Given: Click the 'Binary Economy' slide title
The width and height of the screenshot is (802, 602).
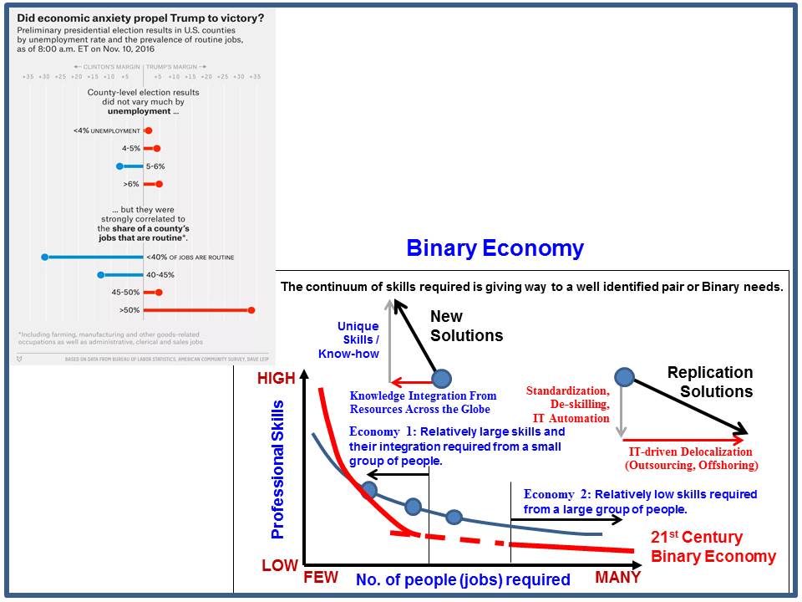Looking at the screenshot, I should pyautogui.click(x=495, y=248).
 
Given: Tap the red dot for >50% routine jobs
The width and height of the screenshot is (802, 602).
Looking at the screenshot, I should pyautogui.click(x=251, y=310).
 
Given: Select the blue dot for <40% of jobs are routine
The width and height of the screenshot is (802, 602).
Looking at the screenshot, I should pyautogui.click(x=45, y=257).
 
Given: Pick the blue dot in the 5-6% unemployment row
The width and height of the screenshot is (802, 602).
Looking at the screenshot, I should pyautogui.click(x=120, y=166).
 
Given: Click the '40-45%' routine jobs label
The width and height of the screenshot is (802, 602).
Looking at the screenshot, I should pyautogui.click(x=161, y=274).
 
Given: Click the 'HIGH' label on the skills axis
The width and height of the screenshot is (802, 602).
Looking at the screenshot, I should pyautogui.click(x=277, y=379).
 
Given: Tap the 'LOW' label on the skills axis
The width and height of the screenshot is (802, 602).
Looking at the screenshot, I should pyautogui.click(x=279, y=566).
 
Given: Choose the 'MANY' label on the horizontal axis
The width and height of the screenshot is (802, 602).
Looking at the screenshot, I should pyautogui.click(x=617, y=578).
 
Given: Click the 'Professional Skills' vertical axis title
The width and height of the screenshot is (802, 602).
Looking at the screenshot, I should pyautogui.click(x=278, y=469).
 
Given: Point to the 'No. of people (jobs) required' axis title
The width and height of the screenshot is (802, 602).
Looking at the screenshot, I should pyautogui.click(x=463, y=579).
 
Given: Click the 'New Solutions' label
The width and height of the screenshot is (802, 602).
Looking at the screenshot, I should pyautogui.click(x=466, y=326).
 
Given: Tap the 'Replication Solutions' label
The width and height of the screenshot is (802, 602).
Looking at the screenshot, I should pyautogui.click(x=710, y=381).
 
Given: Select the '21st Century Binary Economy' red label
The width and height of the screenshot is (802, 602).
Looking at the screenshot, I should pyautogui.click(x=713, y=547).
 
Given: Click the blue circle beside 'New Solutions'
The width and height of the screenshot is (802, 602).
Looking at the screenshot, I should pyautogui.click(x=441, y=377).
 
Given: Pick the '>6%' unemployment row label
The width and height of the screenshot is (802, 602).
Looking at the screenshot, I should pyautogui.click(x=132, y=184).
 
